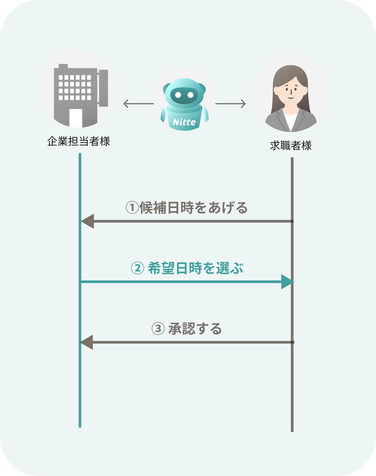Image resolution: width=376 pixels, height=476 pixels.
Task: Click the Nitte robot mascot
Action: [x=184, y=104]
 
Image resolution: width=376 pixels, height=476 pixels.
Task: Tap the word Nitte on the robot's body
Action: [x=184, y=122]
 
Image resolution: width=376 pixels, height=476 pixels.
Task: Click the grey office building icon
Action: [x=81, y=95]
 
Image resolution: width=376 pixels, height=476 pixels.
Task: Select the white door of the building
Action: [x=76, y=118]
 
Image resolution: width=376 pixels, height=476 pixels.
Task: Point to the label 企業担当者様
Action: [x=79, y=141]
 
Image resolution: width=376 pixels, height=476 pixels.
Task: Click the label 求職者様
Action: [x=290, y=146]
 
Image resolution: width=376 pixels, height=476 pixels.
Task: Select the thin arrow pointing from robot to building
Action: [x=138, y=103]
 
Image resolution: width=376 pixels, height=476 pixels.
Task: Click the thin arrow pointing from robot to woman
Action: [x=231, y=103]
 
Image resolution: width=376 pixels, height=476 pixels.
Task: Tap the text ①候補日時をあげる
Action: [x=187, y=207]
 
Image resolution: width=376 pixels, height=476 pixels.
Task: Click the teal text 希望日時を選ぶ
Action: [x=195, y=268]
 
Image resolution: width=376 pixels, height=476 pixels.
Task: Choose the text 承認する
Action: [x=195, y=329]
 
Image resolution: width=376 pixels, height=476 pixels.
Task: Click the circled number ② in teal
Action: [x=137, y=268]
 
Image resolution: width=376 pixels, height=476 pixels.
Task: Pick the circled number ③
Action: [x=158, y=328]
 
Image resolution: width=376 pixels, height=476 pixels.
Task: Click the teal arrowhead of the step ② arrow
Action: [x=288, y=282]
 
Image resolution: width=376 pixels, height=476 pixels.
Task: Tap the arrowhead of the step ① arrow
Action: [x=87, y=221]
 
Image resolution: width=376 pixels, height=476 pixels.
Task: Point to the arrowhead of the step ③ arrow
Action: [x=86, y=342]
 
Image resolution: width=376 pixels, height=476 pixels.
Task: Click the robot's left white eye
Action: [x=178, y=95]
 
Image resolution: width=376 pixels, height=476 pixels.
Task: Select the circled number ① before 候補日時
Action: [x=132, y=207]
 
